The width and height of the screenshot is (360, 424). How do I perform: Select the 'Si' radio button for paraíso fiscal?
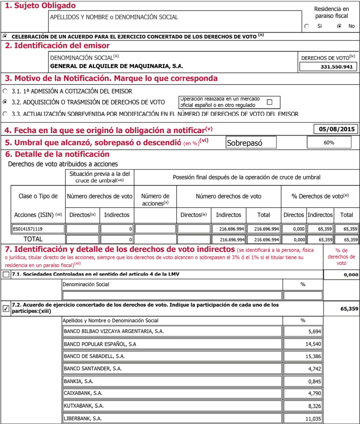[x=307, y=26]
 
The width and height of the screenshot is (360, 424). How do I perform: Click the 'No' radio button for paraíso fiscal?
[x=339, y=26]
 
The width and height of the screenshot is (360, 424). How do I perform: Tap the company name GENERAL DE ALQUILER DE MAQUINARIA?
[x=117, y=66]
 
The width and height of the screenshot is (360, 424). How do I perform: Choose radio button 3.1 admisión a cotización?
[x=5, y=91]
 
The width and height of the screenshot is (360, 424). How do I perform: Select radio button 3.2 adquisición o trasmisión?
[x=5, y=102]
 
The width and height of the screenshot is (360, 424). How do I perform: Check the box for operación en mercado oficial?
[x=270, y=102]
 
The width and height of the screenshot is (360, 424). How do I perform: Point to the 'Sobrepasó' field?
[x=251, y=142]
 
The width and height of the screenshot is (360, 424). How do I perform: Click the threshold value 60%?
[x=329, y=142]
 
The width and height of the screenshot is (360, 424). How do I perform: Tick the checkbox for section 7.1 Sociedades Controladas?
[x=6, y=275]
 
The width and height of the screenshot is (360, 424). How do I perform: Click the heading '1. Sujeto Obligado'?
[x=40, y=6]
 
